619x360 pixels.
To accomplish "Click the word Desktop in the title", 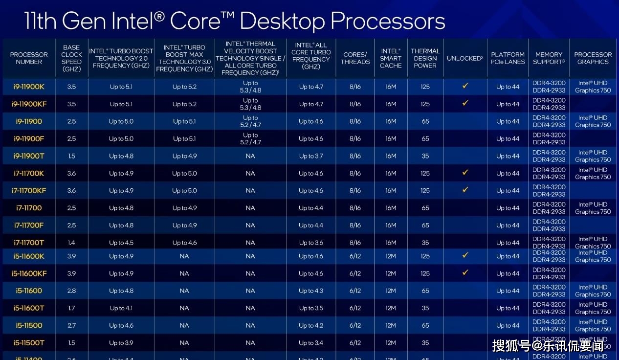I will coord(282,21).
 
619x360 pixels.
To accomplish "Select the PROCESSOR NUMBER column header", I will coord(29,58).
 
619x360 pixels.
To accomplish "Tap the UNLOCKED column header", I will coord(464,58).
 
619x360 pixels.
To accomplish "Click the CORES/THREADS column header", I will coord(355,58).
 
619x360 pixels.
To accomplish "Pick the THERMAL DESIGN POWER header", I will coord(425,58).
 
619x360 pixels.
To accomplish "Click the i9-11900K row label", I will coord(29,87).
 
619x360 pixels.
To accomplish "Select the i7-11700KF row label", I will coord(29,191).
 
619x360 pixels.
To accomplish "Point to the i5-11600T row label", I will coord(29,308).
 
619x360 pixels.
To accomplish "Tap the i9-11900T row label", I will coord(29,156).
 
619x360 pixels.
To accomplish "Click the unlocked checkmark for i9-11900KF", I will coord(465,103).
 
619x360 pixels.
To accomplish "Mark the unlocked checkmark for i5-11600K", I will coord(465,255).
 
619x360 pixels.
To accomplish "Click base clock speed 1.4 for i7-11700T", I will coord(71,243).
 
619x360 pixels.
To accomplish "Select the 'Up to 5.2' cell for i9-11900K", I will coord(184,87).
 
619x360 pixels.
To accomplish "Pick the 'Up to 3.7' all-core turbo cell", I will coord(311,156).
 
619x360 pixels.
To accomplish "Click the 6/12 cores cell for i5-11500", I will coord(355,325).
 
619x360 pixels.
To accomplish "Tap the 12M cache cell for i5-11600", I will coord(391,291).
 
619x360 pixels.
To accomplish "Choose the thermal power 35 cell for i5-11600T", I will coord(425,308).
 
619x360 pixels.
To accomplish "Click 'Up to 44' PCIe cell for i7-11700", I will coord(508,208).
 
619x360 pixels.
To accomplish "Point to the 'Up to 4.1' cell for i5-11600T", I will coord(121,308).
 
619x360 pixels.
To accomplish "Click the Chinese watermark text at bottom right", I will coord(548,346).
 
